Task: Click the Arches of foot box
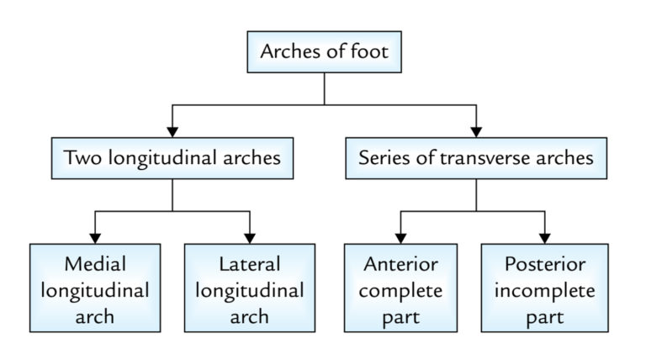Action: point(325,53)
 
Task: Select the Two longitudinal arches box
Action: point(172,158)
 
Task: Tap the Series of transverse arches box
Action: point(476,158)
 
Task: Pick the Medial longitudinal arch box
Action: point(95,290)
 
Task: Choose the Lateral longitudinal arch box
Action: point(249,290)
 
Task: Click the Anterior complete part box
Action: point(400,290)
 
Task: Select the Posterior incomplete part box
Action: point(544,290)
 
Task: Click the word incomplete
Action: point(544,291)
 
